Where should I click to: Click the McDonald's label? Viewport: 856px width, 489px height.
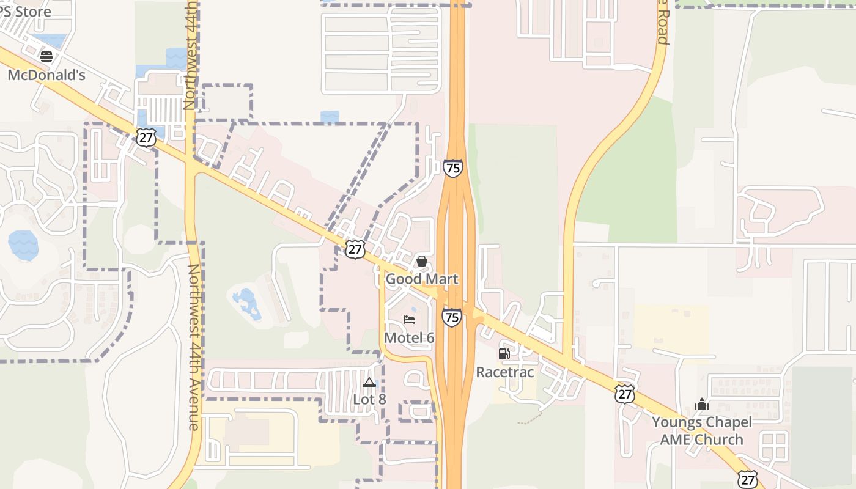point(46,75)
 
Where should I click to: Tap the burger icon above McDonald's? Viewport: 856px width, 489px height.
point(46,57)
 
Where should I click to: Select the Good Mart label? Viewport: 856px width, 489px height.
point(421,279)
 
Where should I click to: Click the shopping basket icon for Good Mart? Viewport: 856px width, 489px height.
point(421,262)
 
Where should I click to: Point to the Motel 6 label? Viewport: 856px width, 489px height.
point(409,337)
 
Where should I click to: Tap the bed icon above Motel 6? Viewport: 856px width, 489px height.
point(409,320)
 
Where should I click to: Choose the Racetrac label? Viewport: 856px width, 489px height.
point(504,372)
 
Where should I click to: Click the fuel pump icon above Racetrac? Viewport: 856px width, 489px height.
point(504,354)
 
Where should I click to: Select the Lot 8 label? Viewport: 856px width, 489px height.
point(369,399)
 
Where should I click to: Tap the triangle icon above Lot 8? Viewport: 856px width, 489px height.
point(369,383)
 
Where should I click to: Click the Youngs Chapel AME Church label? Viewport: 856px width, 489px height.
point(701,430)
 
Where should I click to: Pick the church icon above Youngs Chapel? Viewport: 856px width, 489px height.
point(701,404)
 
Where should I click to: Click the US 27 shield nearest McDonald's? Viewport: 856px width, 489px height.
point(146,138)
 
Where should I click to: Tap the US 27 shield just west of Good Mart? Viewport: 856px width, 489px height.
point(355,249)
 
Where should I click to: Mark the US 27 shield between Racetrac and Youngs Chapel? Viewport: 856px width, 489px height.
point(624,394)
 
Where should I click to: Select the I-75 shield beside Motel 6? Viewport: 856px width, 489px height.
point(451,317)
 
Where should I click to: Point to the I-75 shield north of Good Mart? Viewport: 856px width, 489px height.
point(452,168)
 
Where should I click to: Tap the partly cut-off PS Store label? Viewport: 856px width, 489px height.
point(24,11)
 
